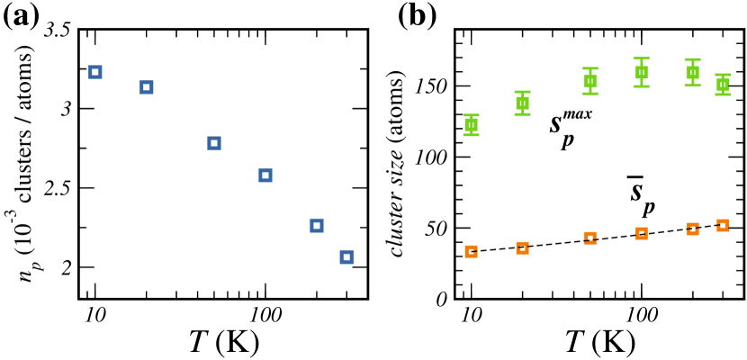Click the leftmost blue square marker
click(95, 72)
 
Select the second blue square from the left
click(147, 87)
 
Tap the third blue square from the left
click(214, 143)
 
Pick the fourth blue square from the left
click(265, 175)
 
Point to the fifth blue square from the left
click(317, 226)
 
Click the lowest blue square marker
click(346, 257)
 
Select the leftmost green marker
click(471, 125)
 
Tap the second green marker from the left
click(522, 103)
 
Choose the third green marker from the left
click(590, 81)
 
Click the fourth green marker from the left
click(642, 72)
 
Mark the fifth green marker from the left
click(693, 72)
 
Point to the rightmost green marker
click(723, 85)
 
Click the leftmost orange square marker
click(471, 252)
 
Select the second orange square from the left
click(522, 247)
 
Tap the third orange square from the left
click(590, 238)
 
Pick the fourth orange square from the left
click(642, 234)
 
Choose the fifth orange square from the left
click(693, 229)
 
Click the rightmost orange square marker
click(723, 226)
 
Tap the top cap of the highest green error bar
click(642, 58)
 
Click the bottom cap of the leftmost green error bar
click(471, 135)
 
